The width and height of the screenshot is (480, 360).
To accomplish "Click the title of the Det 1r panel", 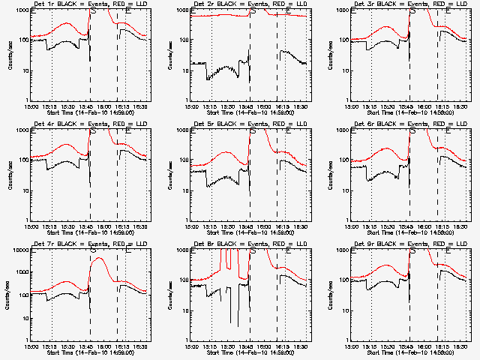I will [82, 5].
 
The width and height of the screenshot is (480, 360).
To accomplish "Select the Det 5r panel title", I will [242, 125].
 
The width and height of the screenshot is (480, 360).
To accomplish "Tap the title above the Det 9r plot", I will [403, 245].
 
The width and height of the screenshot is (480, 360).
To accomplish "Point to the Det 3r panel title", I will [403, 5].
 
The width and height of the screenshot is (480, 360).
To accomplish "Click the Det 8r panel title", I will [242, 245].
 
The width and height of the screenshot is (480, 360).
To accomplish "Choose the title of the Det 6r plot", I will [403, 125].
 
